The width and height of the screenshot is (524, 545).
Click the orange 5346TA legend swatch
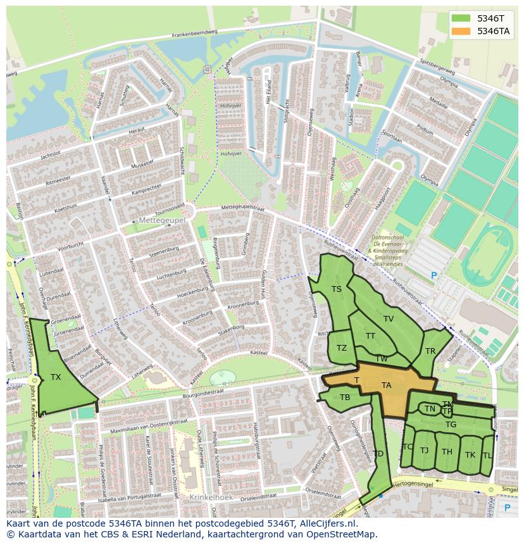point(462,31)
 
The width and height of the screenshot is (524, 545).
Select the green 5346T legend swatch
point(462,18)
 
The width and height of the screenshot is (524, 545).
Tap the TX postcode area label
point(56,377)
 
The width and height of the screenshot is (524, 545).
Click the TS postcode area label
point(337,289)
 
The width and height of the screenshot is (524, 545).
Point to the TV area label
point(389,319)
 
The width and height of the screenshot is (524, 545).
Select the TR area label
point(430,351)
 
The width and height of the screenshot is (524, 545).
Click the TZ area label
point(342,348)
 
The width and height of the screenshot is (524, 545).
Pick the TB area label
point(345,398)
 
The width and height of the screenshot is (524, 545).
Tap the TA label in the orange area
point(386,385)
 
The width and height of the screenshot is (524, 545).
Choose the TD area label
point(378,454)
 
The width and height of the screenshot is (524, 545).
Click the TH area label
point(447,452)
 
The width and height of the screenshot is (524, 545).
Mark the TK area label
point(470,455)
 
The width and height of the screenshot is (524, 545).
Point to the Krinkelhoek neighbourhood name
point(211,498)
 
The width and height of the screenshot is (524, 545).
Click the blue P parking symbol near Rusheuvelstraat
point(434,276)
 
